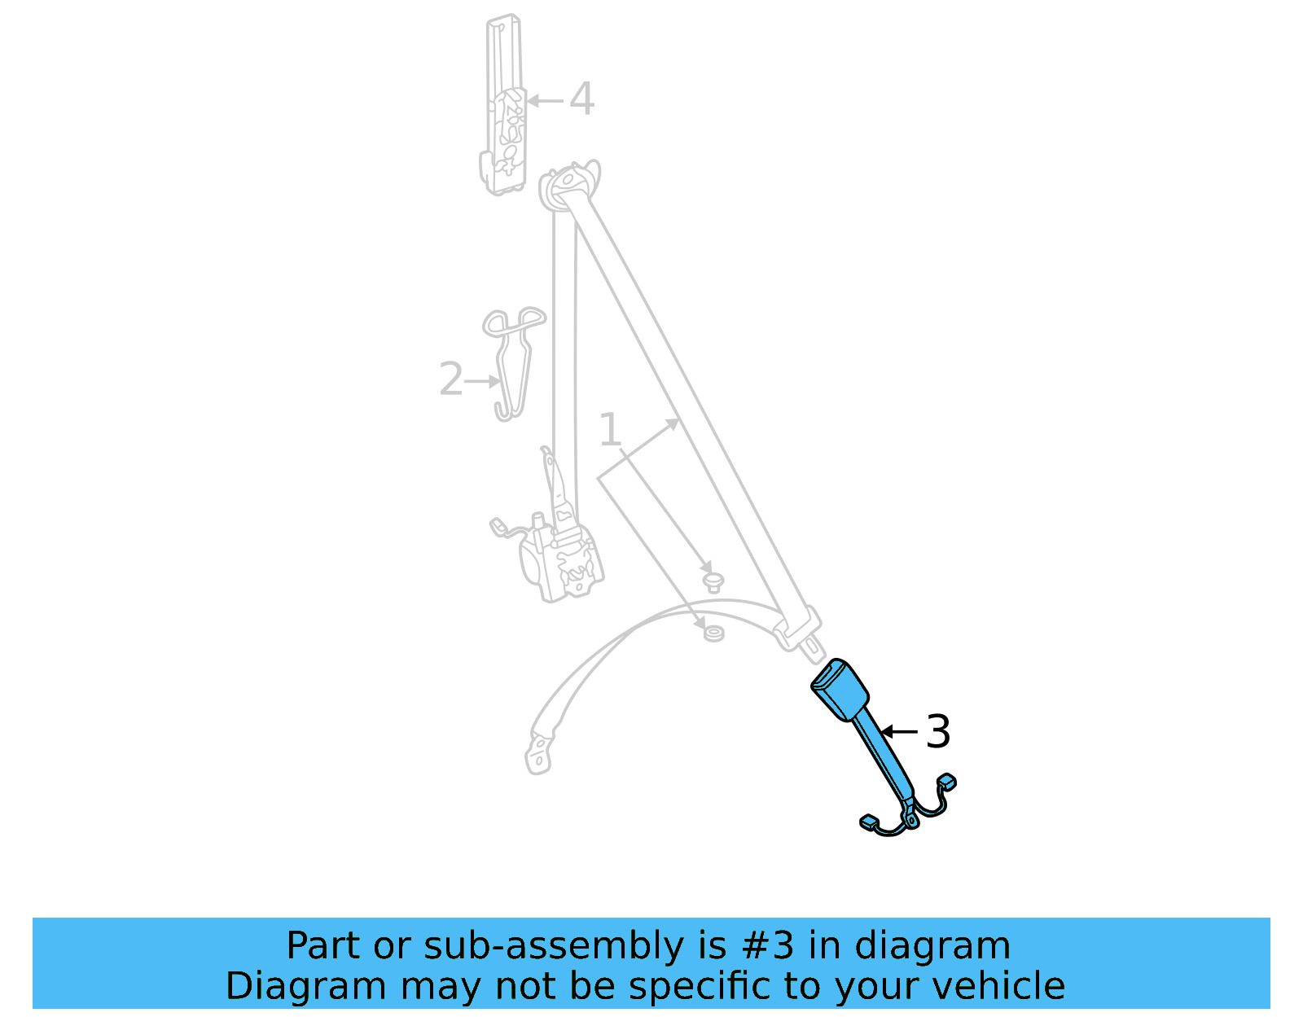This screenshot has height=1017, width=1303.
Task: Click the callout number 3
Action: (938, 731)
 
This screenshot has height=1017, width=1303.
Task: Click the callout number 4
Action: (581, 99)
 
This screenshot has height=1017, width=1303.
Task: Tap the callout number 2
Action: (450, 379)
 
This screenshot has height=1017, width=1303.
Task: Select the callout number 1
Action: (610, 430)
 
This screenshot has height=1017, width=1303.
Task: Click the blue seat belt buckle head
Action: (839, 689)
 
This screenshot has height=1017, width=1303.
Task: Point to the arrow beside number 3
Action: (899, 731)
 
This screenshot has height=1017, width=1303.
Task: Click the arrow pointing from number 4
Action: (546, 101)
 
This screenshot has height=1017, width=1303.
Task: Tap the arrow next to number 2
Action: (483, 380)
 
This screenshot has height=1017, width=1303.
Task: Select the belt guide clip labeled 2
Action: (511, 358)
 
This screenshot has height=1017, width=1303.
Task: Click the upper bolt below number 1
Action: (713, 581)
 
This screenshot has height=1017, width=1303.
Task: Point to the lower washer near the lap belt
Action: (713, 633)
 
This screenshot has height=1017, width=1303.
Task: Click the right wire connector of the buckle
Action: (946, 782)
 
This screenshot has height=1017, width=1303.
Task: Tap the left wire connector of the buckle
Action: (868, 822)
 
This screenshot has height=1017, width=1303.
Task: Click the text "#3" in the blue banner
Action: (767, 946)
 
